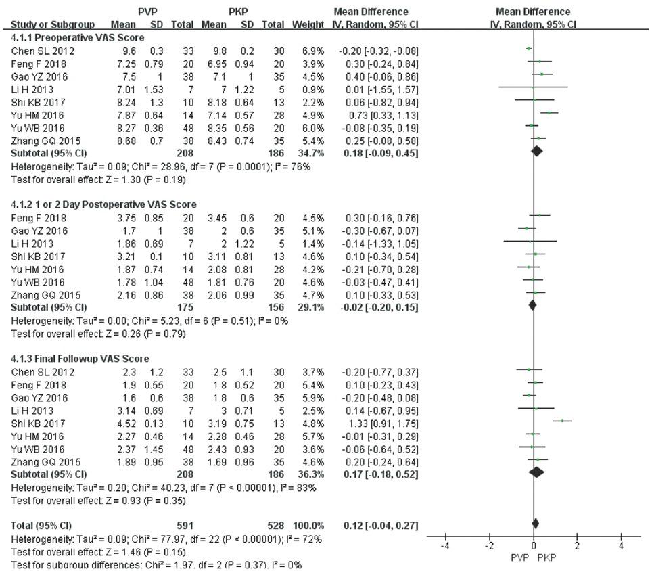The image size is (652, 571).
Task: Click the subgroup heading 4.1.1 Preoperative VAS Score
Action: [77, 37]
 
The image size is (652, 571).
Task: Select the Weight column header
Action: [308, 24]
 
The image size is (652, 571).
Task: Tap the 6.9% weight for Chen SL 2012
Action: [313, 51]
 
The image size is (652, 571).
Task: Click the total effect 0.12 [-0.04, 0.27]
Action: [381, 525]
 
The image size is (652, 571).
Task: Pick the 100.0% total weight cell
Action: [308, 525]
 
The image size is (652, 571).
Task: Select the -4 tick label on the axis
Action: [445, 546]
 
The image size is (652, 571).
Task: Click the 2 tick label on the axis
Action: [577, 546]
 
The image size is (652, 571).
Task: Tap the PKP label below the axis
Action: [546, 557]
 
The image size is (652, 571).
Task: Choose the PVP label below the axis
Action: [519, 557]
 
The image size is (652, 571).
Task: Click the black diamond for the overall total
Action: [536, 524]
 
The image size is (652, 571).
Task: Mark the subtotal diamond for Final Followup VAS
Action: [537, 472]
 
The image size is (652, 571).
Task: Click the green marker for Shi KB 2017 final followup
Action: [562, 421]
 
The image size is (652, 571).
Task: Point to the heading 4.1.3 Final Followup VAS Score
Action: [80, 359]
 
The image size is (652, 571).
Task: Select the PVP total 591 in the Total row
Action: [185, 525]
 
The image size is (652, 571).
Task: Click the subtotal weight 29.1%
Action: [310, 307]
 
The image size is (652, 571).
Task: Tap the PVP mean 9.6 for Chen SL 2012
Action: [129, 51]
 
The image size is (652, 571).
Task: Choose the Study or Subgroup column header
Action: [52, 24]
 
